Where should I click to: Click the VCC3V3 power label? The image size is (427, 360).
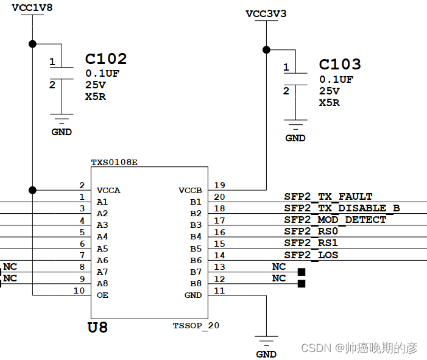pyautogui.click(x=266, y=13)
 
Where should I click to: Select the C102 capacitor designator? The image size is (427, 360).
pyautogui.click(x=106, y=59)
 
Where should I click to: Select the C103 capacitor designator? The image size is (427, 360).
pyautogui.click(x=340, y=65)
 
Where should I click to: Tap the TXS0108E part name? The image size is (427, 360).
pyautogui.click(x=115, y=163)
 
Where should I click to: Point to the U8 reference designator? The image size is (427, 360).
pyautogui.click(x=98, y=328)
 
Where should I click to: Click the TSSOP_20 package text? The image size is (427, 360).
pyautogui.click(x=196, y=325)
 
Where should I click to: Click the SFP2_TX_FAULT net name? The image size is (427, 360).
pyautogui.click(x=328, y=196)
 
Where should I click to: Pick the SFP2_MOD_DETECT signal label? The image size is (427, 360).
pyautogui.click(x=335, y=219)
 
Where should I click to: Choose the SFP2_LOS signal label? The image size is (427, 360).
pyautogui.click(x=311, y=255)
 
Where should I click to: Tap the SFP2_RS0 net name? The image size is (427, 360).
pyautogui.click(x=311, y=231)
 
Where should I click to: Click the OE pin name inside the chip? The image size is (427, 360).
pyautogui.click(x=103, y=295)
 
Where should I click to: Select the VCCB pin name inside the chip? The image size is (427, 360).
pyautogui.click(x=189, y=190)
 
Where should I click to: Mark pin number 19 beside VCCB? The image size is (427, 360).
pyautogui.click(x=219, y=185)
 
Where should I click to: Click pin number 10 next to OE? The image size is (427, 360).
pyautogui.click(x=79, y=291)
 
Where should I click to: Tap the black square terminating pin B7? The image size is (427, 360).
pyautogui.click(x=301, y=272)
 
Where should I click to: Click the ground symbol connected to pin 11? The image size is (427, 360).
pyautogui.click(x=266, y=341)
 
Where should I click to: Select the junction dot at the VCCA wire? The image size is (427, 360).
pyautogui.click(x=32, y=189)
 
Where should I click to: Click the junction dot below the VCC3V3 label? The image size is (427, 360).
pyautogui.click(x=266, y=49)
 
